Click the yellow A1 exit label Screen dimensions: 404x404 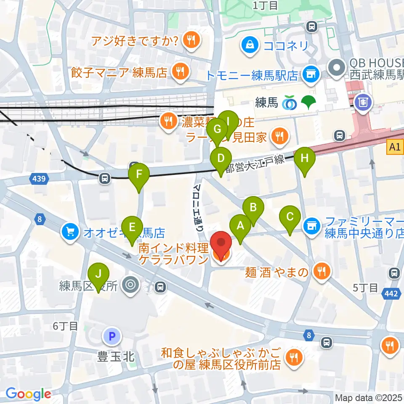(x=394, y=147)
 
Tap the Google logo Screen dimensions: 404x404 (x=28, y=393)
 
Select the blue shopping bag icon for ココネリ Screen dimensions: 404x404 (x=250, y=45)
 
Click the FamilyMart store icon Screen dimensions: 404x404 (x=312, y=226)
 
